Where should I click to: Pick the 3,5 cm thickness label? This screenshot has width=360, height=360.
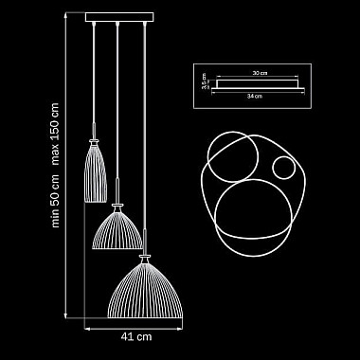tap(204, 84)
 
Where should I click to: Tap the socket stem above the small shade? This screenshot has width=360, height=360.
tap(97, 131)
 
